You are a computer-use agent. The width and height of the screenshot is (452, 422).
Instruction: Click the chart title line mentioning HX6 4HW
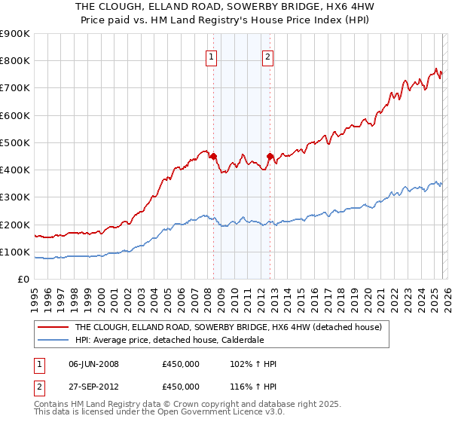[225, 6]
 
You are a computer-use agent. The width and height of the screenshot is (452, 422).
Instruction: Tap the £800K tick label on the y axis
[15, 61]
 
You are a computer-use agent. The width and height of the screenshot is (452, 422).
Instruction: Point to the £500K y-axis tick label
[15, 142]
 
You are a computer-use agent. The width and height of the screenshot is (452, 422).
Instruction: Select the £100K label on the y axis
[15, 252]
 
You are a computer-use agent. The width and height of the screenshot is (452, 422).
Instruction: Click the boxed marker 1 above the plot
[211, 56]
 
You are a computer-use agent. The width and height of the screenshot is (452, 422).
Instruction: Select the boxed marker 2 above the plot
[268, 56]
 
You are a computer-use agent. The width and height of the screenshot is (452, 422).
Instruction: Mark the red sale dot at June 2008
[213, 156]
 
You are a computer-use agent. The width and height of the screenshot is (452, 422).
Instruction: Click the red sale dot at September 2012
[270, 156]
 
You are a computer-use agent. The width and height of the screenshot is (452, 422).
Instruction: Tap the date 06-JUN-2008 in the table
[93, 364]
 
